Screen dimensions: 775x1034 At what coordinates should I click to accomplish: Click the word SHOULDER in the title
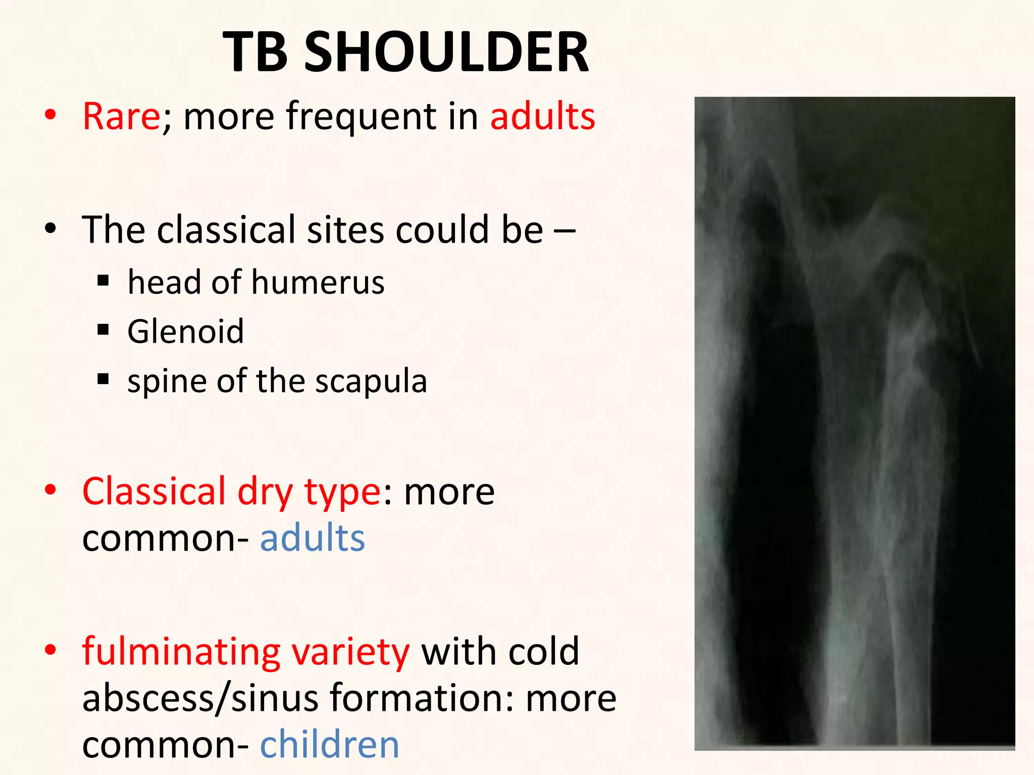pyautogui.click(x=446, y=52)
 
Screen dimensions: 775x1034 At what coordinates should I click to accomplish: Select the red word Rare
pyautogui.click(x=121, y=117)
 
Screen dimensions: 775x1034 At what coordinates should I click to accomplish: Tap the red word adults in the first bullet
pyautogui.click(x=543, y=117)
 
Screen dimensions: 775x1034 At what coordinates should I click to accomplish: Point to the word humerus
pyautogui.click(x=318, y=282)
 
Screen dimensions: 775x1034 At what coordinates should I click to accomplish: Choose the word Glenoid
pyautogui.click(x=185, y=332)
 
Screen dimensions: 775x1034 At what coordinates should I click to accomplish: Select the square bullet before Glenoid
pyautogui.click(x=104, y=330)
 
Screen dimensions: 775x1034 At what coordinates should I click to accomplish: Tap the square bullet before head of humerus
pyautogui.click(x=104, y=281)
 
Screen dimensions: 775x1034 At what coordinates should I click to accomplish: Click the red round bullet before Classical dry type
pyautogui.click(x=50, y=490)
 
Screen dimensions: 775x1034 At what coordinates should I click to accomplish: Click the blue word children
pyautogui.click(x=329, y=745)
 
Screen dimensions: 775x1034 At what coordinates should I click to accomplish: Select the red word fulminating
pyautogui.click(x=181, y=652)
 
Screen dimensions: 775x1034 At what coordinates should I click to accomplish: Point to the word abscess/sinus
pyautogui.click(x=200, y=698)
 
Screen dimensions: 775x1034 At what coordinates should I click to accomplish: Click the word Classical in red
pyautogui.click(x=154, y=491)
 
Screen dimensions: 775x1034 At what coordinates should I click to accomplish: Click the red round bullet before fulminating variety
pyautogui.click(x=50, y=650)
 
